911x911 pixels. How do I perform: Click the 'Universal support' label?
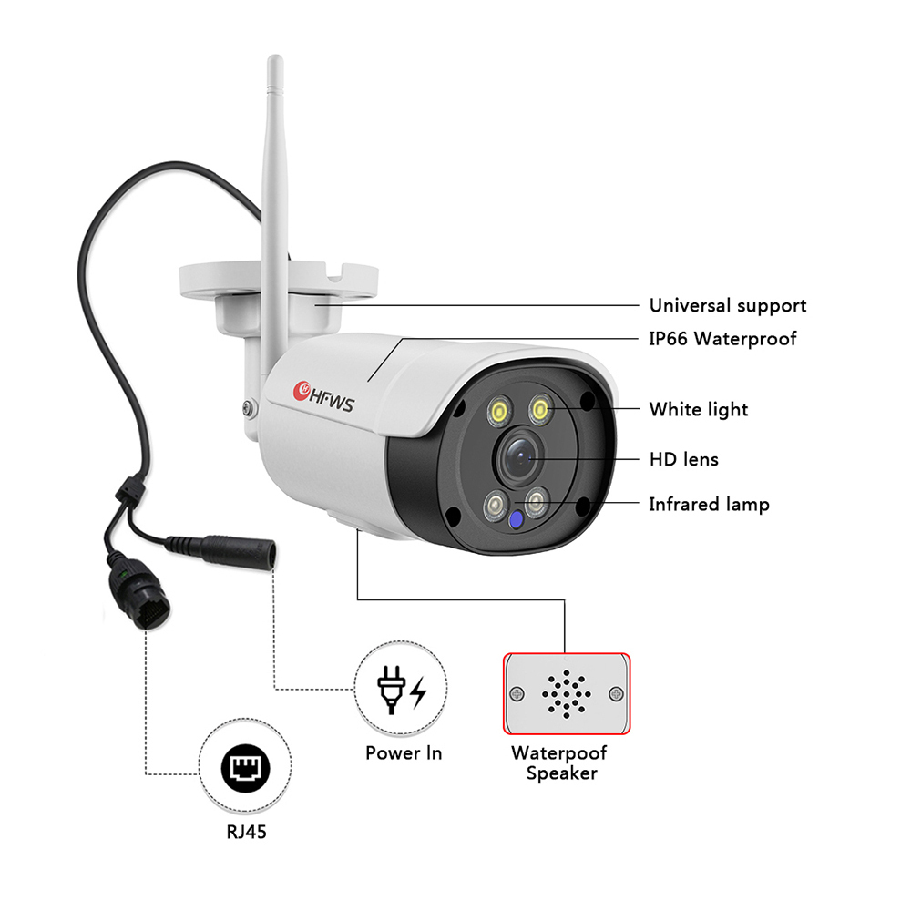pos(727,305)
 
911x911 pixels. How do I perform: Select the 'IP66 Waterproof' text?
pos(722,339)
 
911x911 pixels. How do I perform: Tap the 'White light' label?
pos(699,410)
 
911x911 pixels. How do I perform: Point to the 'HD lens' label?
pos(684,459)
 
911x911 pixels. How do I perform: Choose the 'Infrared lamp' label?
pos(709,505)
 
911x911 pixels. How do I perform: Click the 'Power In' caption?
pos(404,753)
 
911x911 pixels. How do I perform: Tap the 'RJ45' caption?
pos(246,832)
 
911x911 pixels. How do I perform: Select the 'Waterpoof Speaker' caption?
pos(559,763)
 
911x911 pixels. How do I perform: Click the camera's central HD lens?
pos(519,456)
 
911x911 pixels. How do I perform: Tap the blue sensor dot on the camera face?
pos(515,519)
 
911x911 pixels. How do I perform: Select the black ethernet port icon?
pos(245,768)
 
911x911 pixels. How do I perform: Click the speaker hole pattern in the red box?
pos(567,693)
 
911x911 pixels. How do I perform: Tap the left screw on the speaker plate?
pos(517,693)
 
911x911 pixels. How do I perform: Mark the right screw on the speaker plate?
pos(616,693)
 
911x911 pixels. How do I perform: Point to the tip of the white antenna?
pos(275,57)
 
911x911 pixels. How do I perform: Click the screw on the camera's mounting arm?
pos(250,408)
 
